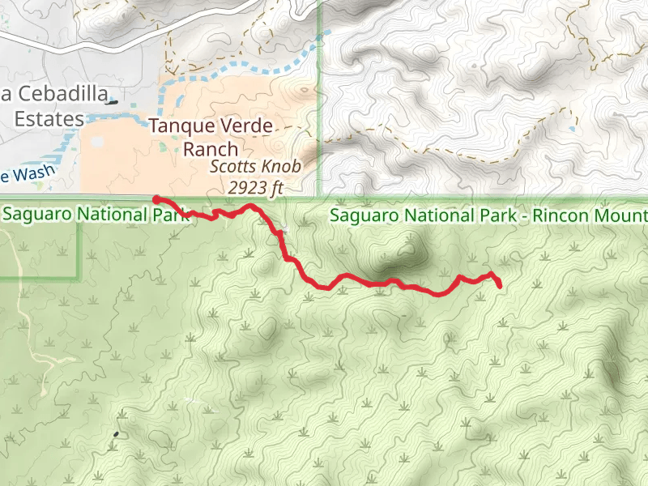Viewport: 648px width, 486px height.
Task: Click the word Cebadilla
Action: pos(59,95)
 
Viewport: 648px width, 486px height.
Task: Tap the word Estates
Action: pos(49,119)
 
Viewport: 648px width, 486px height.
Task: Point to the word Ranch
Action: pos(211,149)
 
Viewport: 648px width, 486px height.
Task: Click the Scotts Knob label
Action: pos(255,168)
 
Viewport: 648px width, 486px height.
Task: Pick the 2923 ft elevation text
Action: pos(255,187)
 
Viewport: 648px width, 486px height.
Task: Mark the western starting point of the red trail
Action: pos(156,198)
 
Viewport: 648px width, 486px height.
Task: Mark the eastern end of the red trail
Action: pos(499,285)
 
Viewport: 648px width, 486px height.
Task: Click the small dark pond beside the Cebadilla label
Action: pos(112,102)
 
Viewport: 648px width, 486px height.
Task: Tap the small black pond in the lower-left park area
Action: pos(115,434)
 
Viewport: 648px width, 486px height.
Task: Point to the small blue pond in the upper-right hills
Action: pos(572,129)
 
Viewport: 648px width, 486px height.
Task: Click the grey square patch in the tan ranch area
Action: pos(97,143)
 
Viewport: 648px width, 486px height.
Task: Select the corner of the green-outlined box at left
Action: pos(79,278)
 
